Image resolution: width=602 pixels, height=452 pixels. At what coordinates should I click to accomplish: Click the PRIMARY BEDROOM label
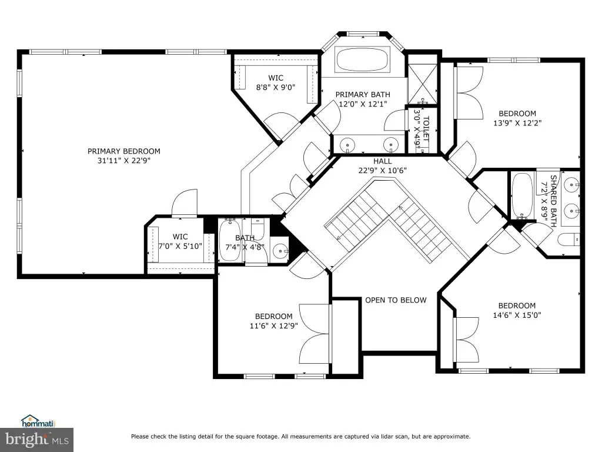pos(123,151)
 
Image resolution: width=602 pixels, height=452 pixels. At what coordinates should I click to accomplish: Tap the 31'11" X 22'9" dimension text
pos(123,161)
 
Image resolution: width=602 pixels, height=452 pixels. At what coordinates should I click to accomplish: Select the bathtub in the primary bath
pos(363,59)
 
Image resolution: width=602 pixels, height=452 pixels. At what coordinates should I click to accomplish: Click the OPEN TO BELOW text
pos(396,300)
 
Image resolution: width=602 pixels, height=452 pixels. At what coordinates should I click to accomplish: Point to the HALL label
pos(383,161)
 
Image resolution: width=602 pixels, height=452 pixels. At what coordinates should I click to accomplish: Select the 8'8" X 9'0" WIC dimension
pos(276,87)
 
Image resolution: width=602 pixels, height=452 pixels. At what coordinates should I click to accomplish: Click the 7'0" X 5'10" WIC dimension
pos(180,246)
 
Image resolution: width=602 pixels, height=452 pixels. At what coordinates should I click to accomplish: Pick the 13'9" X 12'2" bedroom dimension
pos(517,123)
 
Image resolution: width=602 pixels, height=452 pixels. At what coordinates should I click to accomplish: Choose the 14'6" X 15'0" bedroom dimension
pos(517,315)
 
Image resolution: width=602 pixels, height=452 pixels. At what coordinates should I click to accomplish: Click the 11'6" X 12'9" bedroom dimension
pos(274,326)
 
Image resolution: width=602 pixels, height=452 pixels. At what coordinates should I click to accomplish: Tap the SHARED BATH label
pos(553,201)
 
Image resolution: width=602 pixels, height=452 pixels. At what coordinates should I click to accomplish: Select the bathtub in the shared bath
pos(522,195)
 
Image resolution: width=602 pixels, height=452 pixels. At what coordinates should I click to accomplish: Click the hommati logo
pos(38,421)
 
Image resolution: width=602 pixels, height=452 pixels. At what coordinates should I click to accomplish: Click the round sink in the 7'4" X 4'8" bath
pos(280,252)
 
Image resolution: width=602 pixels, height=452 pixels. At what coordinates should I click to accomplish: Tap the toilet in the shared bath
pos(568,240)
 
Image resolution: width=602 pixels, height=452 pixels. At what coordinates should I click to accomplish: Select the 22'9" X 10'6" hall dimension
pos(382,171)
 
